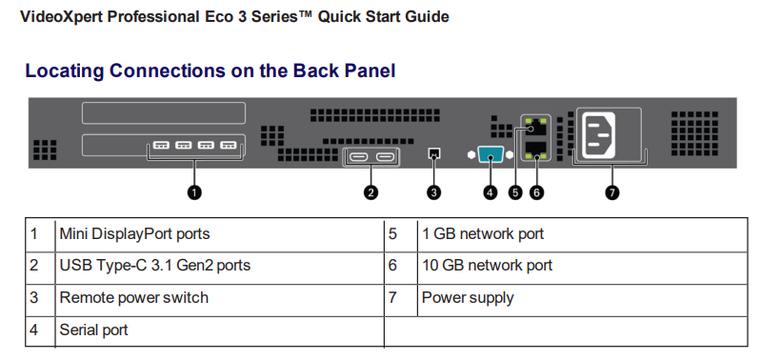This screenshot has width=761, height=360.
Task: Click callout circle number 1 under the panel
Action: tap(194, 191)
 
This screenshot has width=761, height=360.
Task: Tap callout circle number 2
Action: tap(371, 191)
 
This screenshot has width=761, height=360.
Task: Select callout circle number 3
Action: tap(434, 191)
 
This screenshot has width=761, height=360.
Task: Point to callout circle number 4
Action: tap(491, 191)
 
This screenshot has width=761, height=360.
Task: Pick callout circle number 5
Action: tap(516, 191)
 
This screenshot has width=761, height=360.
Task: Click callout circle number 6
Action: tap(536, 191)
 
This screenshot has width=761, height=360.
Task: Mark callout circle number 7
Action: tap(611, 191)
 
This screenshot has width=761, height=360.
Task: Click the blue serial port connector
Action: tap(491, 154)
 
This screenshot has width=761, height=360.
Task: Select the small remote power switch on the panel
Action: tap(434, 152)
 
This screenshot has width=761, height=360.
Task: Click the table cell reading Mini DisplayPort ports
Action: tap(134, 233)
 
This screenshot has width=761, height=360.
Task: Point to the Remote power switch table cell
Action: tap(133, 297)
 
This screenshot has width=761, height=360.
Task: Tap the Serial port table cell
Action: tap(93, 330)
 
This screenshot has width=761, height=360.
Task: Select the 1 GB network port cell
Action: tap(483, 233)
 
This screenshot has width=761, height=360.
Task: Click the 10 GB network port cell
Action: tap(487, 266)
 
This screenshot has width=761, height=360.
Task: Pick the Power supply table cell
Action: tap(468, 297)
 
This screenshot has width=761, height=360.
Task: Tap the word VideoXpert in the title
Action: tap(60, 16)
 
